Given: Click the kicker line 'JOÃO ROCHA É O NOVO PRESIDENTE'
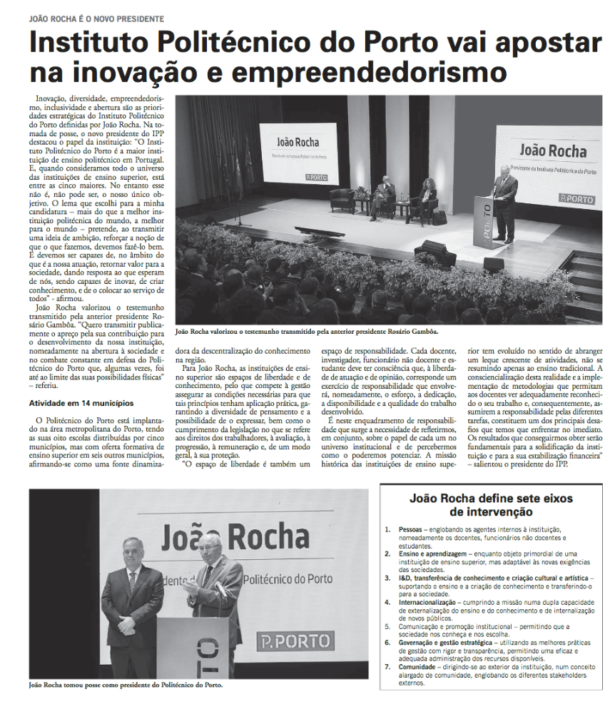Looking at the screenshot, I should (x=96, y=18).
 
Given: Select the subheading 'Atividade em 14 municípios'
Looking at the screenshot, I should (x=81, y=403).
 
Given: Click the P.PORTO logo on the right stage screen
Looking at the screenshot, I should (x=576, y=198).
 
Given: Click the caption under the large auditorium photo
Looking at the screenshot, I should (x=306, y=331).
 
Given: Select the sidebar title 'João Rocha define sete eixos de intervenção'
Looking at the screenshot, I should (x=492, y=505).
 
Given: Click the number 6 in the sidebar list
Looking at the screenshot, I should (x=387, y=642).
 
